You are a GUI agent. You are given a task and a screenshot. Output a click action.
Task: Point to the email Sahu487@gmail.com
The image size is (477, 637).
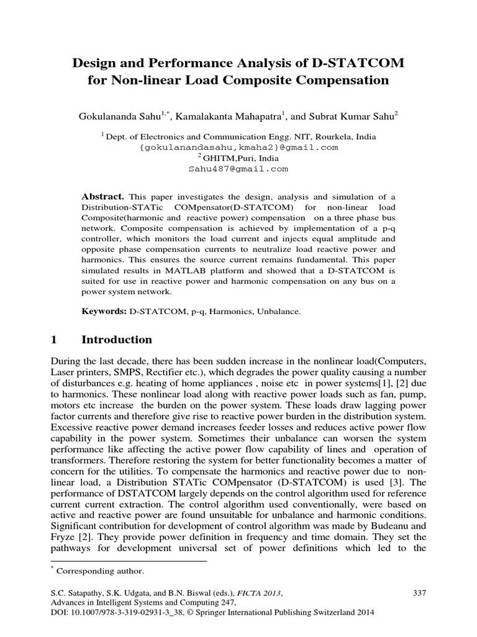point(238,169)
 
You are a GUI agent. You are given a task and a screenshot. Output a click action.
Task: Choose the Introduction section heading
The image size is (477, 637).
point(117,340)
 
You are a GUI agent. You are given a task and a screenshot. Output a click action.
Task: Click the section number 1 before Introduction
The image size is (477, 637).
point(53,340)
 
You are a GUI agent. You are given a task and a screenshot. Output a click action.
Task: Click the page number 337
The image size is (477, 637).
point(419,593)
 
